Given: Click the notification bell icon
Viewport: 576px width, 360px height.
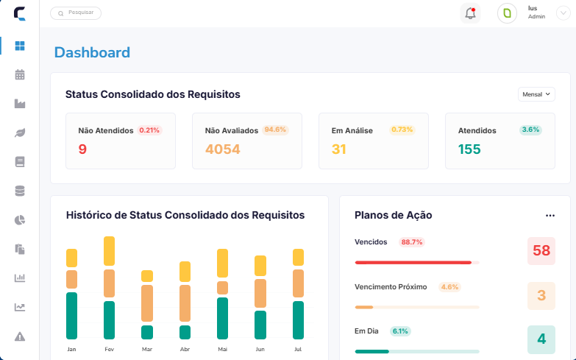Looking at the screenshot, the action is click(x=470, y=13).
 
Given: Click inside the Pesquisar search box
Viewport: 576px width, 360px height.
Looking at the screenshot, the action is click(x=76, y=13).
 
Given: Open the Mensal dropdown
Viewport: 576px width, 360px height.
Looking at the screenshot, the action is click(x=536, y=94).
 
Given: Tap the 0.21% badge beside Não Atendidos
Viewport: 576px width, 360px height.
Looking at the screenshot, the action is click(x=149, y=130).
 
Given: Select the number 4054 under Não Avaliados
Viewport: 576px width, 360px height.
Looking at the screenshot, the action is click(x=223, y=149).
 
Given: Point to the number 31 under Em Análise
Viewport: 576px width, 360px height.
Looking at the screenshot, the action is click(x=338, y=149).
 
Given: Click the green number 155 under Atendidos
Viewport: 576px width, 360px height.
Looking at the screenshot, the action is click(x=469, y=149).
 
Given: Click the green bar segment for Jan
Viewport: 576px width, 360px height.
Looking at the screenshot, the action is click(x=71, y=316).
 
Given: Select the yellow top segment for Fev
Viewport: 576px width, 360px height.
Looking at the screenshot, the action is click(x=109, y=251).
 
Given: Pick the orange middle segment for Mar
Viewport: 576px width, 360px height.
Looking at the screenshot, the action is click(x=147, y=303).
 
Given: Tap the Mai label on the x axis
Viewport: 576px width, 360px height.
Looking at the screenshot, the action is click(x=223, y=349).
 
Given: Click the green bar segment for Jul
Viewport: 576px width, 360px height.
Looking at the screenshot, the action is click(x=298, y=320).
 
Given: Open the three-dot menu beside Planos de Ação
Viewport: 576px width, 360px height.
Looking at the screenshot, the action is click(x=550, y=216).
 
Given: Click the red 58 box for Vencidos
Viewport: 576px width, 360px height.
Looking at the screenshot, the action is click(x=541, y=251).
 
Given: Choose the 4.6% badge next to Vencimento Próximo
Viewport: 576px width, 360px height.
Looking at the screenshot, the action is click(x=449, y=287).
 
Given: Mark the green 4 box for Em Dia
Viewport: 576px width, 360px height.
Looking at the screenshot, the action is click(x=541, y=339).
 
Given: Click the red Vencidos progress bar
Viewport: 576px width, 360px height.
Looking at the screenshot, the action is click(x=413, y=263).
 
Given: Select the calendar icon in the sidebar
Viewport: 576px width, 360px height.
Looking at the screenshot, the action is click(x=20, y=74).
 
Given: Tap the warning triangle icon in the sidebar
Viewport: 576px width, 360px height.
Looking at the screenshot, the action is click(x=20, y=336).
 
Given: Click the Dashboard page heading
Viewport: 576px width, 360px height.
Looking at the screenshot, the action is click(x=92, y=52).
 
